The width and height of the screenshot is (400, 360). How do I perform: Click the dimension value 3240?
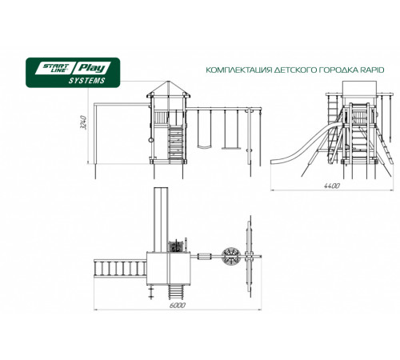83,122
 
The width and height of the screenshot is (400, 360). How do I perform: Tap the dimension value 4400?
332,186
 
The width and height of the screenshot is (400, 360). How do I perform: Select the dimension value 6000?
177,306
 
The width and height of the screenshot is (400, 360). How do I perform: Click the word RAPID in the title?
373,70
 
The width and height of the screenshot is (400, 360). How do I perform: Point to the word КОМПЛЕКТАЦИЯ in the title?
239,70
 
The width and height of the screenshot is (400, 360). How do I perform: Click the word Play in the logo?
91,68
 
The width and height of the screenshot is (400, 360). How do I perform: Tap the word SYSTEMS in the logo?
87,81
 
